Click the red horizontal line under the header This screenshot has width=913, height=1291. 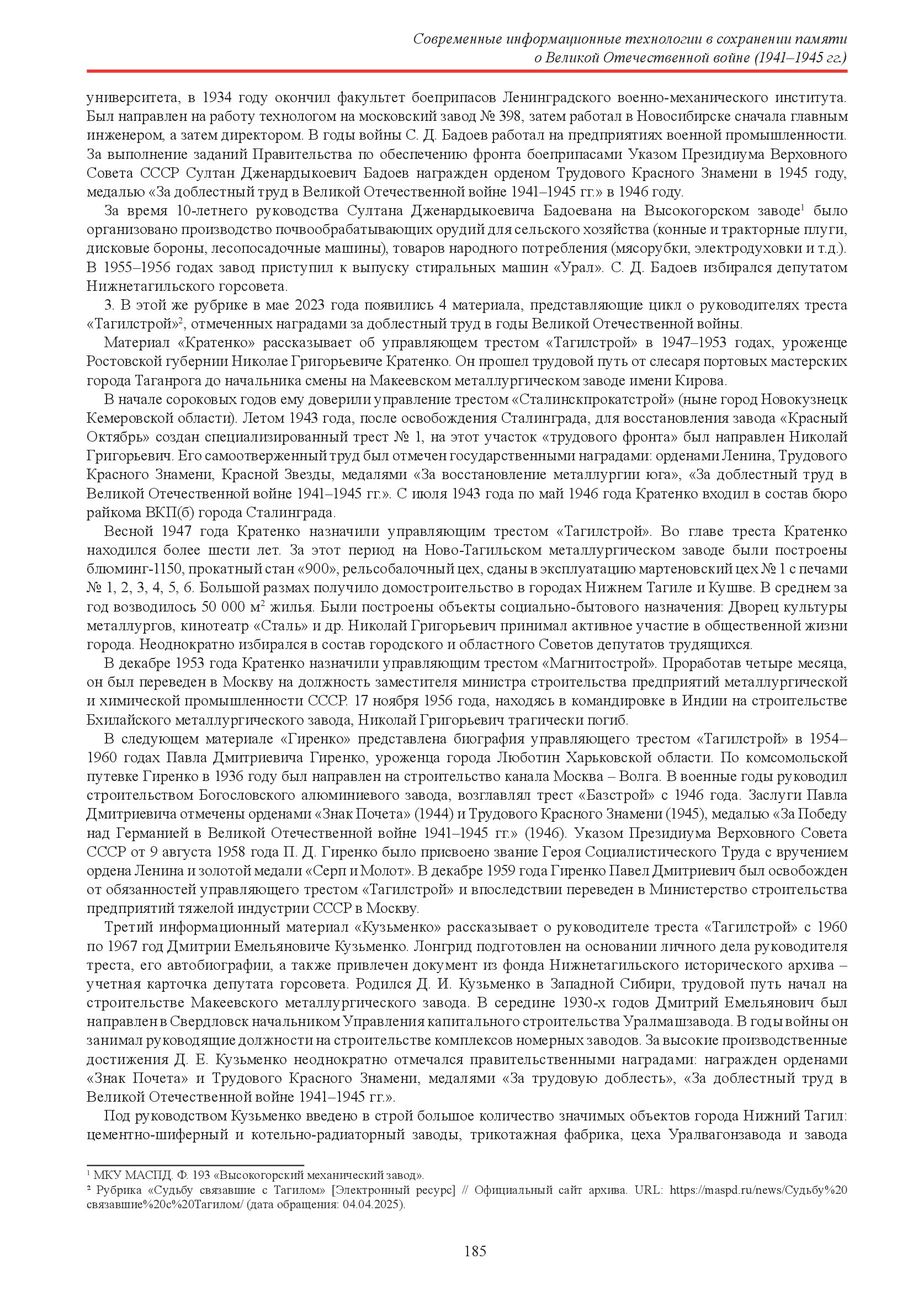click(466, 71)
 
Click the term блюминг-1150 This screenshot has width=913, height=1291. click(123, 570)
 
